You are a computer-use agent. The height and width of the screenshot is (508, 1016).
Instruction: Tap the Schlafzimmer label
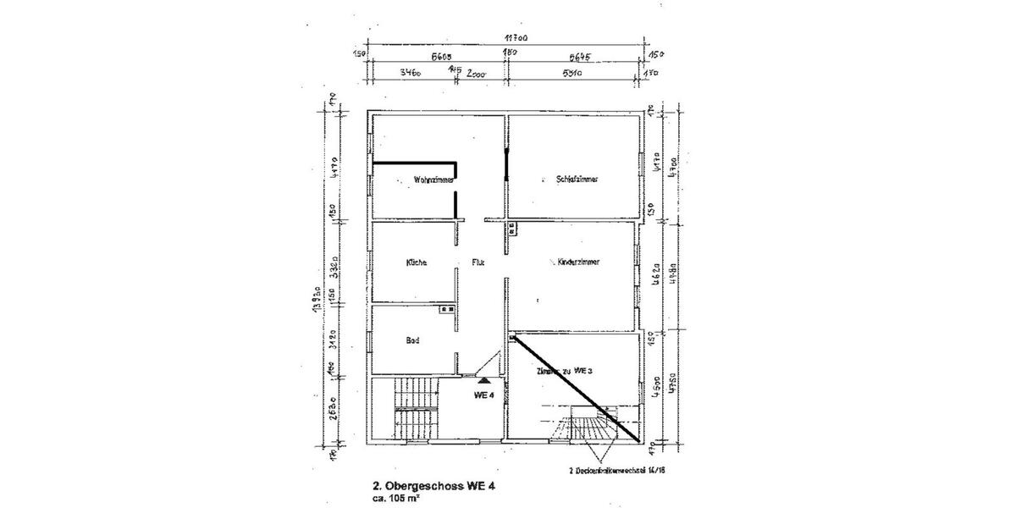coord(578,179)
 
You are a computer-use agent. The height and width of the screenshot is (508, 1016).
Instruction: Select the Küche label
coord(416,262)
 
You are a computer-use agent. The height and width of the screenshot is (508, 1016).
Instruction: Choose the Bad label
coord(413,340)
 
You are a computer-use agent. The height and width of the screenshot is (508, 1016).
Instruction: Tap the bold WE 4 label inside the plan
coord(484,395)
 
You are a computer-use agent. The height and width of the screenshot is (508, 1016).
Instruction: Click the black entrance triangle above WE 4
coord(483,382)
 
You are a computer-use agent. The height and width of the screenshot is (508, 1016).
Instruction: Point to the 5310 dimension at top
coord(574,74)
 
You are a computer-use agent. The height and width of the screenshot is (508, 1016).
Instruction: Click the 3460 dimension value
coord(410,74)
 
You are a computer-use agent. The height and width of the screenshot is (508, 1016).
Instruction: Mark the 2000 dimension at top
coord(478,74)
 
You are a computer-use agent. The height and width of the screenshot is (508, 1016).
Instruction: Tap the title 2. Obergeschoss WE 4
coord(433,486)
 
